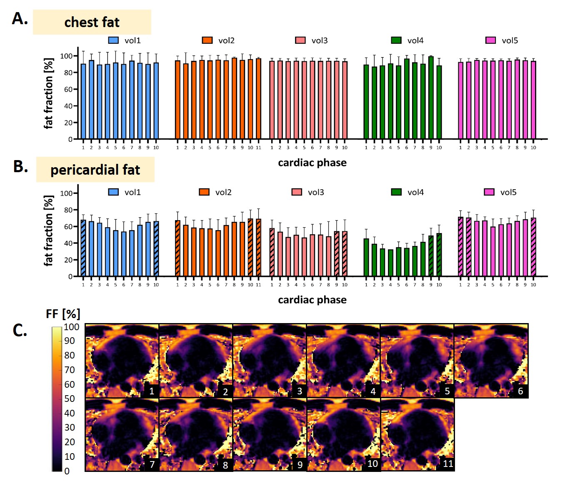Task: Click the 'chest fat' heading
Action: click(x=92, y=22)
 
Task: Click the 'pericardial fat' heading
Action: click(x=95, y=170)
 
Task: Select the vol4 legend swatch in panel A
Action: click(x=396, y=40)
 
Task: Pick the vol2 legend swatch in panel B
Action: click(x=204, y=192)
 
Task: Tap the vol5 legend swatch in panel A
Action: click(x=490, y=40)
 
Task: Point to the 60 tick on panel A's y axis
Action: click(x=68, y=89)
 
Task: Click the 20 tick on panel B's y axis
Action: click(x=68, y=260)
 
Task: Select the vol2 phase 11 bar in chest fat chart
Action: click(x=258, y=100)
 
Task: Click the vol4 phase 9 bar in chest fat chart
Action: click(x=431, y=98)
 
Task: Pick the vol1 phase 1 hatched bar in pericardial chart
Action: click(x=83, y=248)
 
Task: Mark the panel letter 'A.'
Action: click(x=20, y=19)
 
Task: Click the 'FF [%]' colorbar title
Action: click(x=63, y=314)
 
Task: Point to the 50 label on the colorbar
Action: click(x=70, y=399)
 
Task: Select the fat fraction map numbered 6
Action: click(x=491, y=361)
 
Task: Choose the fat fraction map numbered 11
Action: click(x=417, y=435)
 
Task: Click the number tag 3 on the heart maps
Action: click(x=300, y=391)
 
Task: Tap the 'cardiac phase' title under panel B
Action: click(x=312, y=300)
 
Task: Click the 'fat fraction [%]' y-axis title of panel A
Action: click(x=49, y=93)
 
